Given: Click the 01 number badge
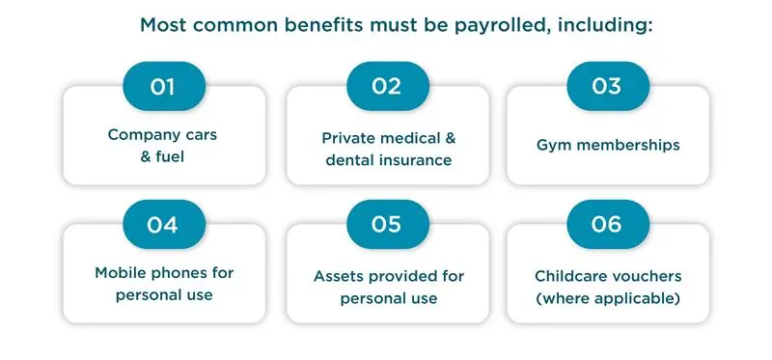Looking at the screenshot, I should coord(163,86).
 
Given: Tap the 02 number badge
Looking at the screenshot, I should coord(386,86).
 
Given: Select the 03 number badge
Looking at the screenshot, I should coord(606,86).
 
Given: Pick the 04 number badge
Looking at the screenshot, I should coord(163,225).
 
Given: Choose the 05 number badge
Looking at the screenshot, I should coord(386,225).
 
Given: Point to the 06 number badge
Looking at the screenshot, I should coord(606,225).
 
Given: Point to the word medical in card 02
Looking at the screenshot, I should coord(406,138).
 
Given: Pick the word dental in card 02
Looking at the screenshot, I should coord(350,160).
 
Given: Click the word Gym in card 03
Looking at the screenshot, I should coord(552,146).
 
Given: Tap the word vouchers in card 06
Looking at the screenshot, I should coord(648,276).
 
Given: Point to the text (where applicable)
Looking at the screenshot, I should coord(608,298).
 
